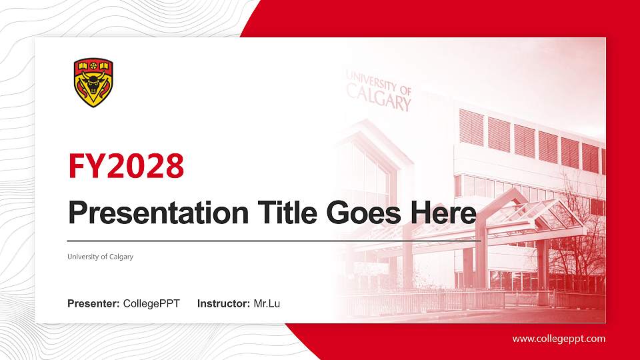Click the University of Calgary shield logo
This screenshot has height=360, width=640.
click(x=93, y=83)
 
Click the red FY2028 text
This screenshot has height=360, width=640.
click(x=126, y=166)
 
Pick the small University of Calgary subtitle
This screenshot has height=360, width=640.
click(x=100, y=257)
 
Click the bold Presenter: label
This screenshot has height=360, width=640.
click(x=93, y=304)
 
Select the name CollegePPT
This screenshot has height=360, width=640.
click(x=151, y=304)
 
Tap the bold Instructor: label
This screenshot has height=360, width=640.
click(x=224, y=304)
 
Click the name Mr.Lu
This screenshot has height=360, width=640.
click(x=267, y=304)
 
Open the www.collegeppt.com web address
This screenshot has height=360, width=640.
click(x=559, y=339)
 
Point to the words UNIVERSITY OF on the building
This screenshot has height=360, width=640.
click(x=379, y=83)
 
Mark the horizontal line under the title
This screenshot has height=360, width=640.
click(x=273, y=239)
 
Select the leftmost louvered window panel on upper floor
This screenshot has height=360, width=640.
click(x=471, y=127)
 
